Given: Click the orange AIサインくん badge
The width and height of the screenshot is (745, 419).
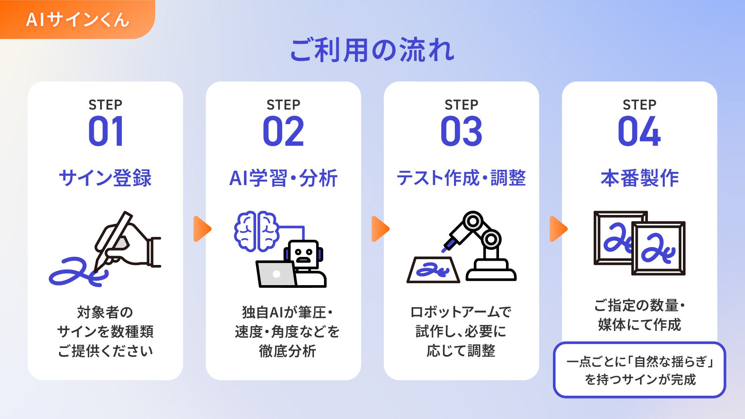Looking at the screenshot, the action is (77, 19).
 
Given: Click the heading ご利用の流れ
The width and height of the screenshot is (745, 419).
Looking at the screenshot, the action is (372, 50).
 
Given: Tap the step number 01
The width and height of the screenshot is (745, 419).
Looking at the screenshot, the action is (106, 132).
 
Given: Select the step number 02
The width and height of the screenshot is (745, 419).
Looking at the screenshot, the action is (283, 132).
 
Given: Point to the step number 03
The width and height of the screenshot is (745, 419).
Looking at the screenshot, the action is (461, 132).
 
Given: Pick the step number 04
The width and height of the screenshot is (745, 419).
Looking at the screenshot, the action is (639, 132).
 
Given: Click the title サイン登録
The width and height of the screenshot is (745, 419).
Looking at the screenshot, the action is (105, 178).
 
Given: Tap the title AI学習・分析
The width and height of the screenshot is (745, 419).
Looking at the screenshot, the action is (283, 178).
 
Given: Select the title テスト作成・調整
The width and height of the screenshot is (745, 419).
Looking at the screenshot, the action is (461, 178).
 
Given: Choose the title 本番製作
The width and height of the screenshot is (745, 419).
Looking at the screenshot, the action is (639, 178).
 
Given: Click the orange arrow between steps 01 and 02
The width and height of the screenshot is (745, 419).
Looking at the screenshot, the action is (202, 229).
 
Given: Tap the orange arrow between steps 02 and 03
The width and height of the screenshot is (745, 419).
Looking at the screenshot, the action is (380, 229).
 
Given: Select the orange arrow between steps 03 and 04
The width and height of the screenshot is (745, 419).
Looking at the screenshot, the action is (558, 229).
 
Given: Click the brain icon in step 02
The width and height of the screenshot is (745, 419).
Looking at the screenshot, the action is (256, 231).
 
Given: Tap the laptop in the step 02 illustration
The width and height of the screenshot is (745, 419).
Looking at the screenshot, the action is (276, 274).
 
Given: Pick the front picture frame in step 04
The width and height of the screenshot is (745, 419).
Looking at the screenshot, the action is (658, 248).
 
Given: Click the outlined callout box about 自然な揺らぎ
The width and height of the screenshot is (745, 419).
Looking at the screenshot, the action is (639, 370).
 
